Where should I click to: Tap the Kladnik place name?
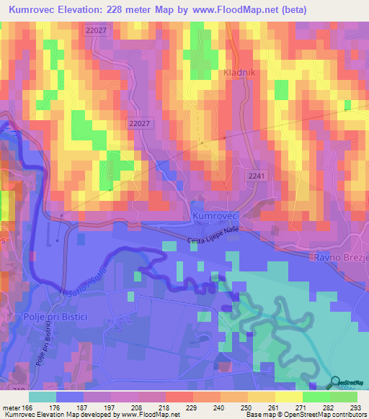(x=209, y=94)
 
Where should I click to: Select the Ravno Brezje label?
(x=339, y=257)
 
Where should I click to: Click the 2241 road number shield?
(x=256, y=176)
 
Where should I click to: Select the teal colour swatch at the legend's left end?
(x=42, y=396)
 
